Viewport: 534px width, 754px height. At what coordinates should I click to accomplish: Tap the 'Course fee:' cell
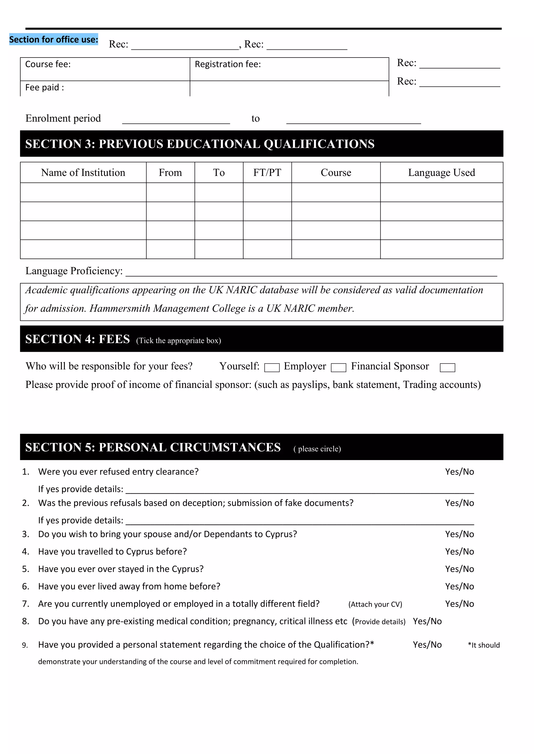click(48, 64)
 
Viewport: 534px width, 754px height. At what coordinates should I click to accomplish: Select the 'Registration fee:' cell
click(228, 64)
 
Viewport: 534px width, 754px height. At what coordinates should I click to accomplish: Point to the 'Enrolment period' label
click(63, 118)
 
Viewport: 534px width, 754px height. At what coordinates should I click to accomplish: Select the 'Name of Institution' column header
click(83, 173)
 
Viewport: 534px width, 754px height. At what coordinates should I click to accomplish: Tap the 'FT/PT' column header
click(267, 173)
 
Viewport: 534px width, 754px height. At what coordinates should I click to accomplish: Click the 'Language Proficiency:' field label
click(74, 271)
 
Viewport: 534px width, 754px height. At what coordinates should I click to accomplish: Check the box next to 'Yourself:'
click(272, 367)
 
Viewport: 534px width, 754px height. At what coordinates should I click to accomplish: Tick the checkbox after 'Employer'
click(338, 367)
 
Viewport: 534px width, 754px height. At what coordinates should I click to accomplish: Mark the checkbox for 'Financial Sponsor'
click(447, 367)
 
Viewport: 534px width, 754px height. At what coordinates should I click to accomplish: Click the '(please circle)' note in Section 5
click(317, 449)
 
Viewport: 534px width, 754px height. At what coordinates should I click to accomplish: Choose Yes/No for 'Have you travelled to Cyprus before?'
click(459, 552)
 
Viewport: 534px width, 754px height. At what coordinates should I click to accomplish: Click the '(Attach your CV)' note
click(375, 604)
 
